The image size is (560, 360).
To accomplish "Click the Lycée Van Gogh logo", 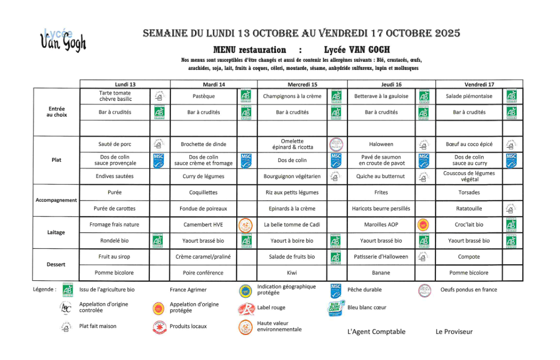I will point(63,40).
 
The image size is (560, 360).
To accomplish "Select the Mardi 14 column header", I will point(214,84).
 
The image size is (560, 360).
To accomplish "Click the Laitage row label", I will point(56,232).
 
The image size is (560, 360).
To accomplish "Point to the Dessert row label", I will point(56,264).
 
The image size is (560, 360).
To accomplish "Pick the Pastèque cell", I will point(203,96).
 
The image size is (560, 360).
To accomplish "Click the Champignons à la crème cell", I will point(292,96).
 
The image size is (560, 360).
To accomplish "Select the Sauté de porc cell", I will point(115,145).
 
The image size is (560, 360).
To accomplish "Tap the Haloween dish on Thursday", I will point(381,145).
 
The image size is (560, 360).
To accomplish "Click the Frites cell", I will point(381,192).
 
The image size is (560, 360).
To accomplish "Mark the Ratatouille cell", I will point(469,209).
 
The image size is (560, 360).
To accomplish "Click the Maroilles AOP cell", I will point(381,225).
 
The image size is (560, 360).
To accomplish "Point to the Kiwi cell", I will point(292,273).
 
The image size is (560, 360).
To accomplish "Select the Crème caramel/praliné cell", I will point(203,257).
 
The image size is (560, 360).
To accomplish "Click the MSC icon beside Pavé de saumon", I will point(424,160).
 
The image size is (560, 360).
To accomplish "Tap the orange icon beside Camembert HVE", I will point(246,225).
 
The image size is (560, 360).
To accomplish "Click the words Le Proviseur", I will point(454,332).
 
